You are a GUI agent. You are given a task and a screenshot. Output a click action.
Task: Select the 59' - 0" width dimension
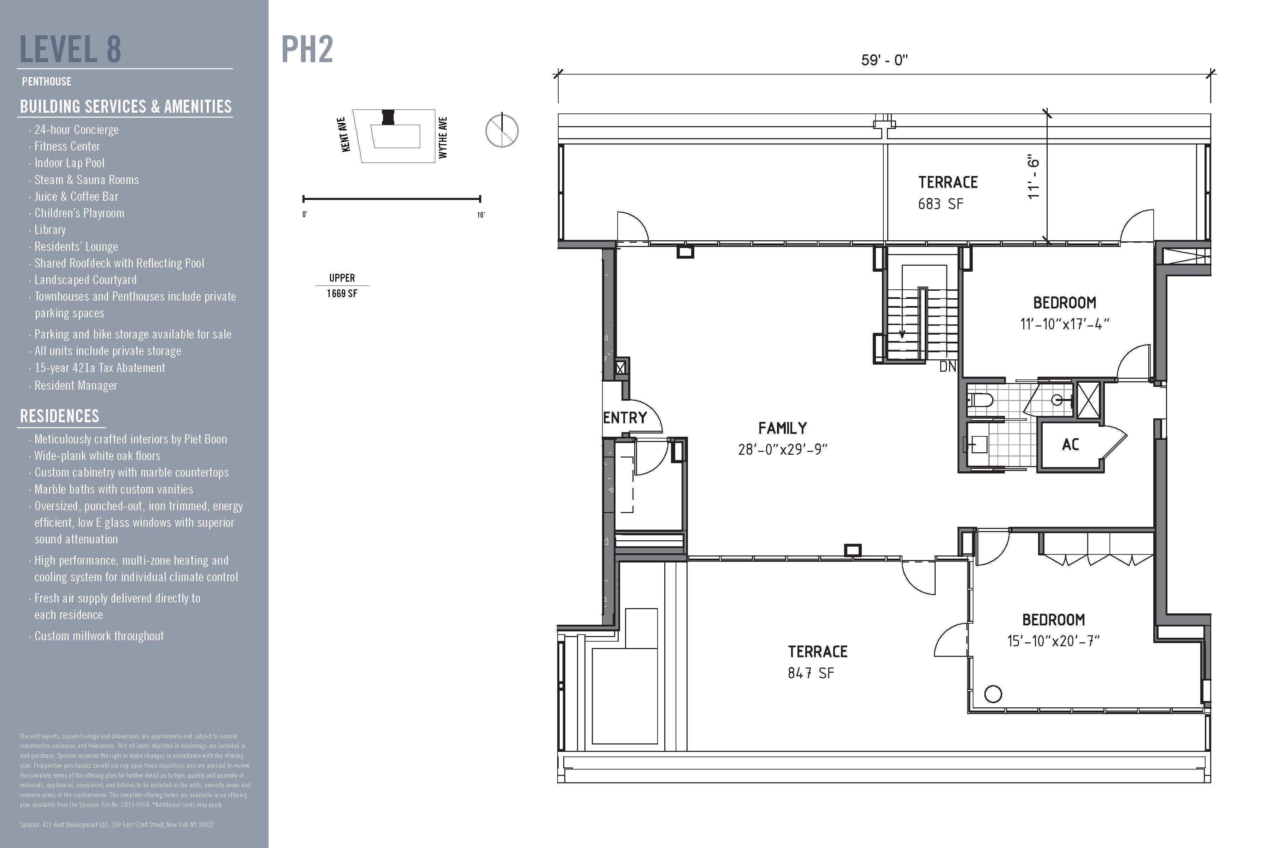[884, 59]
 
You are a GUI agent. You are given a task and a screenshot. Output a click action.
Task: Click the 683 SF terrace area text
[941, 204]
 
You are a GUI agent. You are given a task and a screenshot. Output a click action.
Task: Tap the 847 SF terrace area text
[811, 673]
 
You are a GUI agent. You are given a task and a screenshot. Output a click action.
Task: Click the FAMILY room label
[783, 428]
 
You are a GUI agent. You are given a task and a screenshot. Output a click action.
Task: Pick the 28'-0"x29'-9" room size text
[783, 449]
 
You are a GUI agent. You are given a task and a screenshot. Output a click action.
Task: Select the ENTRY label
[625, 418]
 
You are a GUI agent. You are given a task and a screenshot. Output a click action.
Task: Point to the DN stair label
[948, 367]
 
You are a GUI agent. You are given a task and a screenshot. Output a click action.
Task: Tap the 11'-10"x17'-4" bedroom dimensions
[1064, 324]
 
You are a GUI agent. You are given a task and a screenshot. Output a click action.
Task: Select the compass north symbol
[502, 130]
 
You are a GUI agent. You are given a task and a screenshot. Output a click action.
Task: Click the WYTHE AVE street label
[443, 137]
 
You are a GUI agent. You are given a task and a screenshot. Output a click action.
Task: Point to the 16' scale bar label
[481, 215]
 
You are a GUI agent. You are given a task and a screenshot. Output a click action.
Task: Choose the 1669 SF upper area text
[342, 294]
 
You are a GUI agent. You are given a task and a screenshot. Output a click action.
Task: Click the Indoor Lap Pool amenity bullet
[69, 163]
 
